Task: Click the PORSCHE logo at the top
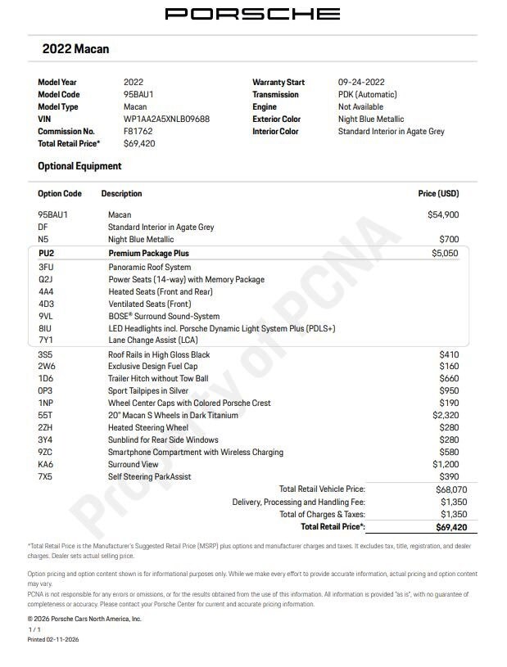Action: pyautogui.click(x=252, y=13)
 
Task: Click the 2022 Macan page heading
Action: pyautogui.click(x=75, y=49)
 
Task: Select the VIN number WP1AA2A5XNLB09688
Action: pyautogui.click(x=166, y=119)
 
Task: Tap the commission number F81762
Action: pyautogui.click(x=139, y=131)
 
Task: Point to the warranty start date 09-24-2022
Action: pyautogui.click(x=361, y=83)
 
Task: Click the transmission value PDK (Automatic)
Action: pyautogui.click(x=367, y=95)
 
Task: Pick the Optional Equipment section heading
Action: pyautogui.click(x=79, y=166)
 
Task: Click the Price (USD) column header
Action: pyautogui.click(x=438, y=194)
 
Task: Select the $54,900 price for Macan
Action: pyautogui.click(x=443, y=214)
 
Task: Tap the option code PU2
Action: pyautogui.click(x=46, y=254)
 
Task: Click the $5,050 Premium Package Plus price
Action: pyautogui.click(x=446, y=254)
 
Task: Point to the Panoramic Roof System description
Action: pyautogui.click(x=149, y=267)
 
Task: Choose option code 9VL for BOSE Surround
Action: pyautogui.click(x=46, y=316)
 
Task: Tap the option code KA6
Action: pyautogui.click(x=46, y=464)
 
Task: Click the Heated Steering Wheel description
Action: pyautogui.click(x=148, y=428)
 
